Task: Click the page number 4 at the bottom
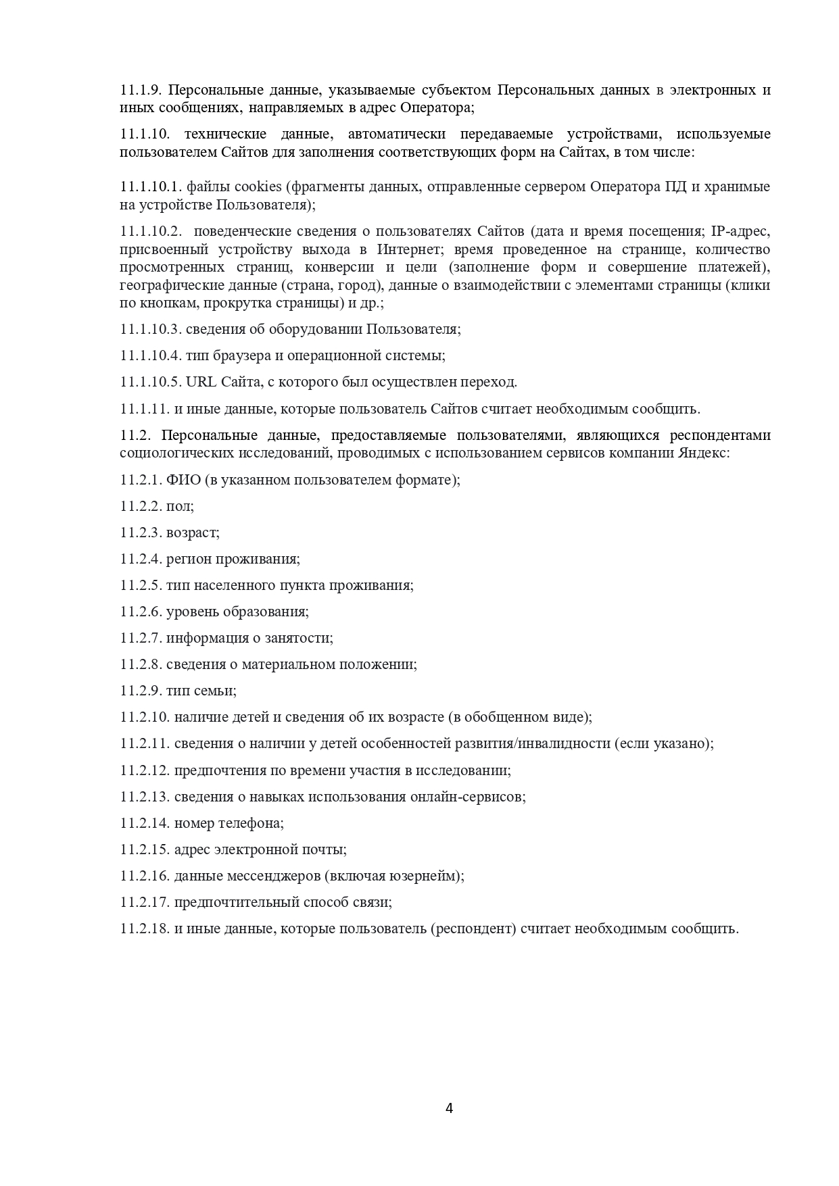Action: pos(450,1108)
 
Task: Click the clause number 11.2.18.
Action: pos(145,929)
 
